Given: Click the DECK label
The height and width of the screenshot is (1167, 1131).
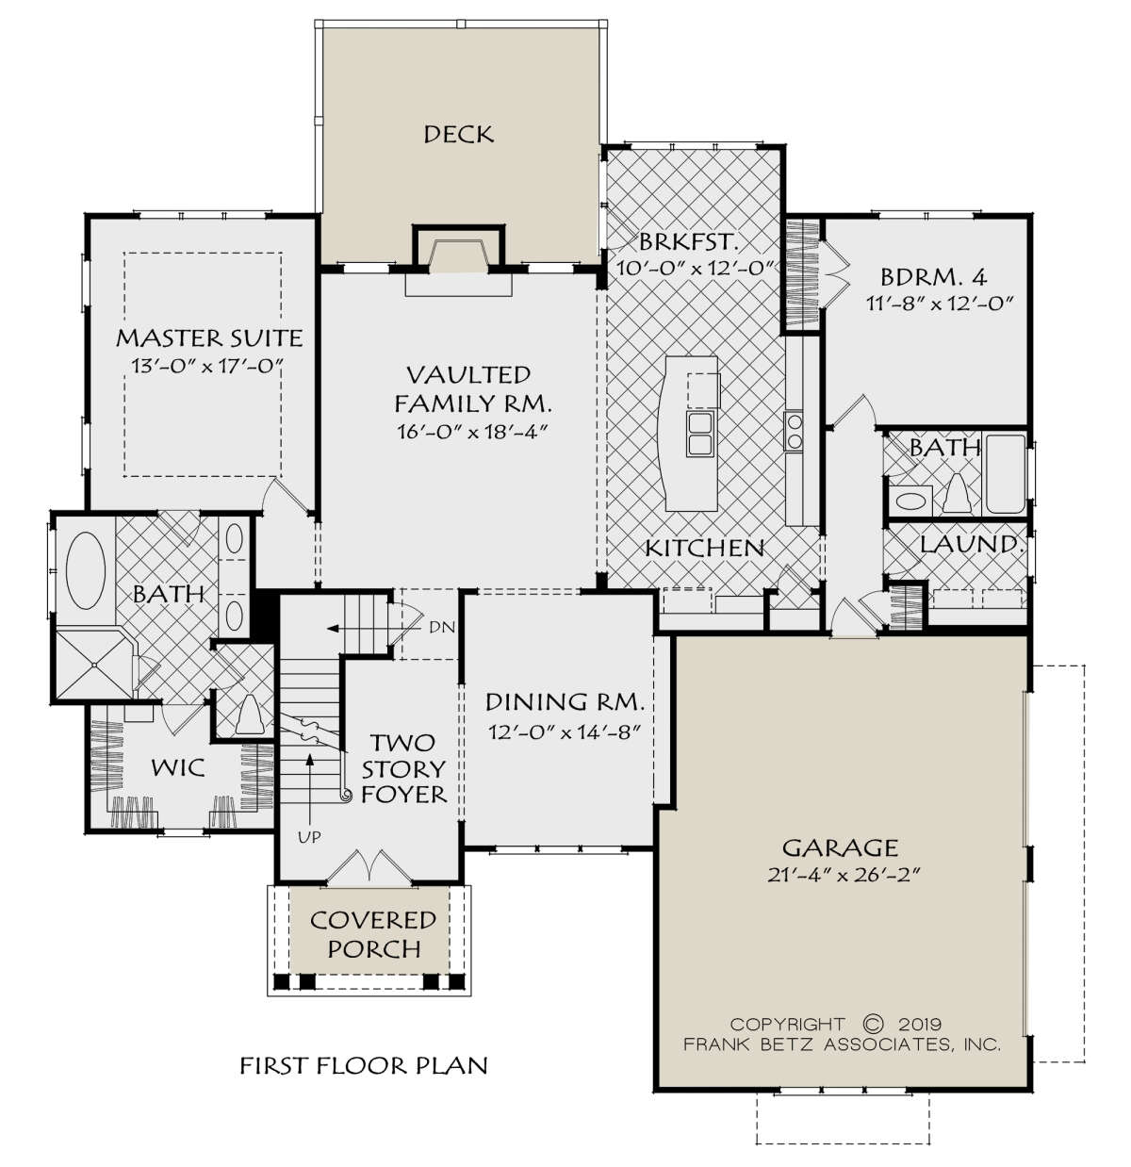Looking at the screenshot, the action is pyautogui.click(x=459, y=135).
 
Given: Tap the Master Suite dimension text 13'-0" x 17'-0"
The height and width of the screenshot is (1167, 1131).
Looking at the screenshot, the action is pyautogui.click(x=207, y=365).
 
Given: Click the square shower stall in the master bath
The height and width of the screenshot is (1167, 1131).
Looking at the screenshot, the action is pyautogui.click(x=94, y=664).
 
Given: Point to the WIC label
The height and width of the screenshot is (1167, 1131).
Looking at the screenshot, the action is pyautogui.click(x=178, y=767).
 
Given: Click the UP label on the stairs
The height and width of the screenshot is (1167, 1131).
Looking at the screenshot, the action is pyautogui.click(x=309, y=837).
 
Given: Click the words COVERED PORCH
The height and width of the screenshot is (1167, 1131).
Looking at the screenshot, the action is pyautogui.click(x=373, y=935).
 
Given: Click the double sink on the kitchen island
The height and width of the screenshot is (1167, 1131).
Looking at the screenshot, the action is pyautogui.click(x=700, y=434).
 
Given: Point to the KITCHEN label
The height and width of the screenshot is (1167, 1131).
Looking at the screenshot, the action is pyautogui.click(x=705, y=548).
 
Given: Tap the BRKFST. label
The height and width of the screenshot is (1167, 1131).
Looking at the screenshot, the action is pyautogui.click(x=688, y=241).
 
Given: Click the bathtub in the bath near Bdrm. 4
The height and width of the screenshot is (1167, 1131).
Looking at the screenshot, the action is pyautogui.click(x=1006, y=474).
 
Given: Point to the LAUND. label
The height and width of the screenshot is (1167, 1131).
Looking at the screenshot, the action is pyautogui.click(x=971, y=545).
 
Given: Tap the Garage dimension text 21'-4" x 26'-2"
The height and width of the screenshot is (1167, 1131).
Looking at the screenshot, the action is pyautogui.click(x=844, y=875).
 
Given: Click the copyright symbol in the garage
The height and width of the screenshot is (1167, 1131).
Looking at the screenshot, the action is pyautogui.click(x=873, y=1023).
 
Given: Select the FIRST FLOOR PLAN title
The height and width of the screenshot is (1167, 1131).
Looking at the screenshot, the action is pyautogui.click(x=364, y=1065).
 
